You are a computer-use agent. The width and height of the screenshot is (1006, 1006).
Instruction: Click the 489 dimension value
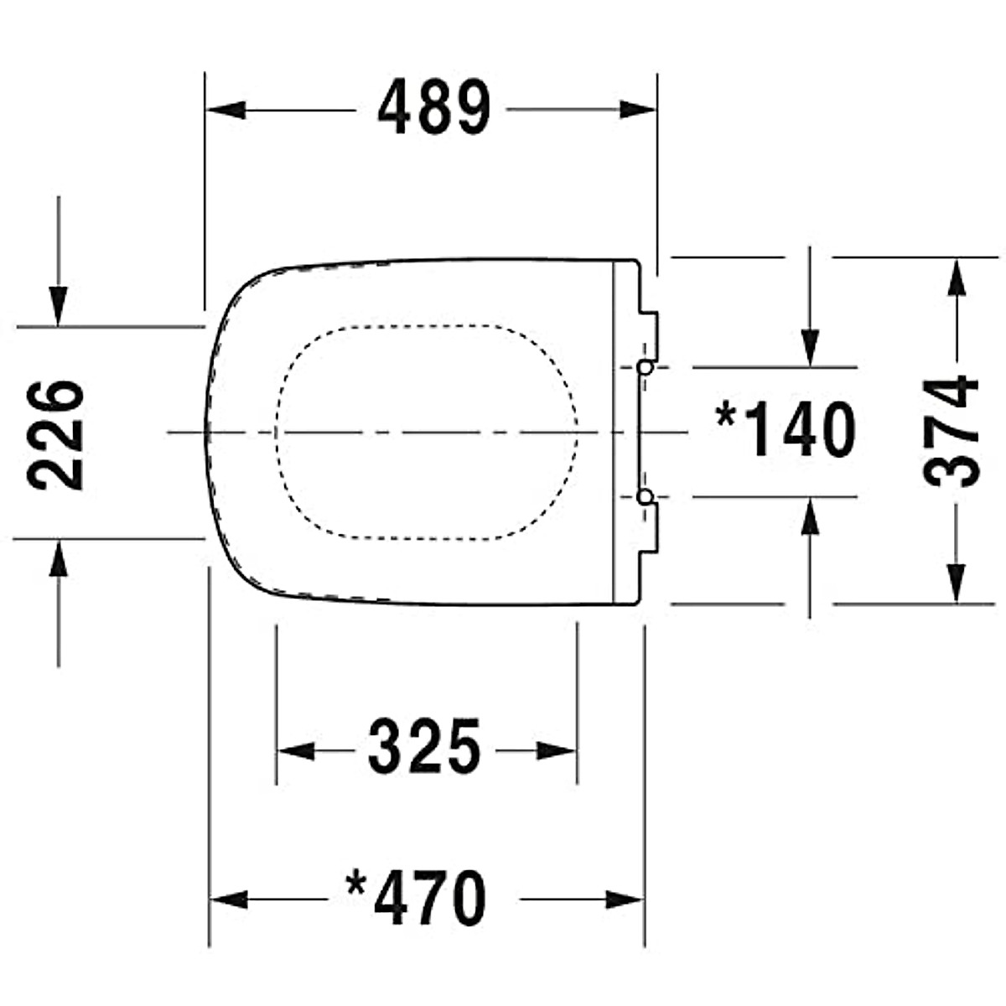coord(433,109)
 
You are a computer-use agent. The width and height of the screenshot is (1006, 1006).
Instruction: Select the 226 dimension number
coord(55,434)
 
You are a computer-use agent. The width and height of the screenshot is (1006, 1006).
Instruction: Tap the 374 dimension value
coord(951,431)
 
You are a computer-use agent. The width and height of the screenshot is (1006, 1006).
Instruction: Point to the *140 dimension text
coord(785,429)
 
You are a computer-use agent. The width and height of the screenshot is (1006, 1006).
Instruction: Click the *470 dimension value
coord(417,899)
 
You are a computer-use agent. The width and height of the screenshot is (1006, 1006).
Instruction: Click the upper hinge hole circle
coord(645,367)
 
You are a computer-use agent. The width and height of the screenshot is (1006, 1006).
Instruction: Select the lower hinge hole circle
coord(645,497)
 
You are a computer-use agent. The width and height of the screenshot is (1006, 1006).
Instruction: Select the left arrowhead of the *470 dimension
coord(229,900)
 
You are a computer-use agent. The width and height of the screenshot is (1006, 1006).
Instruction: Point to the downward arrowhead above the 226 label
coord(58,305)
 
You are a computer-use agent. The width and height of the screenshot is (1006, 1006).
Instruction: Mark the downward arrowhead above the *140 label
coord(810,346)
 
